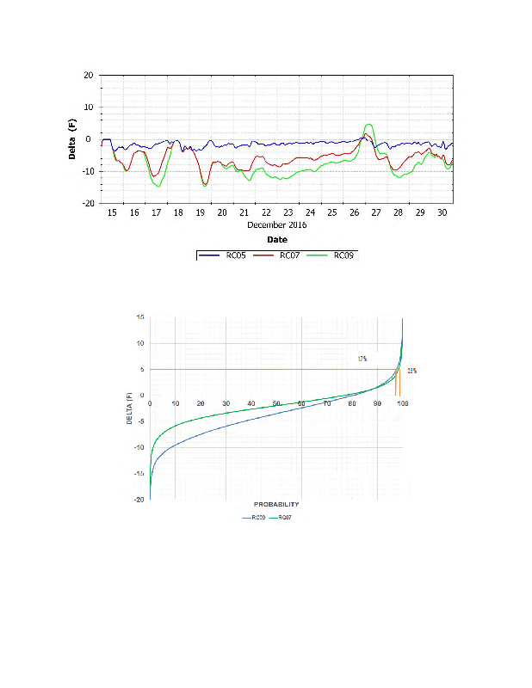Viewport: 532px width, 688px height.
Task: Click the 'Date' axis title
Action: pyautogui.click(x=276, y=240)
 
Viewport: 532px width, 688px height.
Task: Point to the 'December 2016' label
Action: pyautogui.click(x=276, y=225)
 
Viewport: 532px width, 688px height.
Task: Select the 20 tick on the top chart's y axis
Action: pyautogui.click(x=89, y=75)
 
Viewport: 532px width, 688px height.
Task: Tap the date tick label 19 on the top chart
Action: pyautogui.click(x=201, y=212)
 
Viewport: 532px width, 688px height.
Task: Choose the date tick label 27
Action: pyautogui.click(x=376, y=212)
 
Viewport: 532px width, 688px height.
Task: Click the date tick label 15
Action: pyautogui.click(x=112, y=212)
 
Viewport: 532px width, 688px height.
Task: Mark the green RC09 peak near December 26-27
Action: pyautogui.click(x=368, y=126)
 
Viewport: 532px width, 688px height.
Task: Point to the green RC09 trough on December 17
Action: pyautogui.click(x=158, y=186)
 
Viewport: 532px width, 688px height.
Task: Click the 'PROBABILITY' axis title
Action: pyautogui.click(x=276, y=503)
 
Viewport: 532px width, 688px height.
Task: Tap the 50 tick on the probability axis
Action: pyautogui.click(x=276, y=403)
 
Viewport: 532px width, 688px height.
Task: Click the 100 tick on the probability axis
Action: pyautogui.click(x=402, y=403)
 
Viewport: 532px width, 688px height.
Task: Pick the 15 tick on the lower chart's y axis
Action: pyautogui.click(x=140, y=317)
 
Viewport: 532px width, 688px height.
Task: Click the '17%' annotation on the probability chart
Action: pyautogui.click(x=362, y=359)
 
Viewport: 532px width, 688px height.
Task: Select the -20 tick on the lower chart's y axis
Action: pyautogui.click(x=139, y=500)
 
